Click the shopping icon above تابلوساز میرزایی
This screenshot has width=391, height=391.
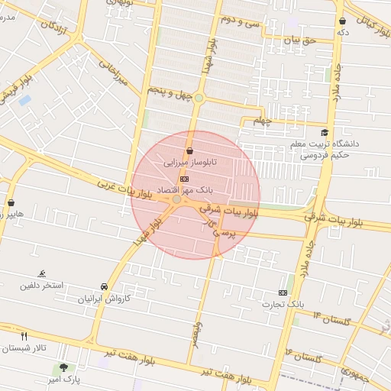(x=189, y=151)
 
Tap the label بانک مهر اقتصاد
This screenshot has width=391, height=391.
(x=184, y=188)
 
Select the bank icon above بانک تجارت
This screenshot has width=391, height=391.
(x=283, y=292)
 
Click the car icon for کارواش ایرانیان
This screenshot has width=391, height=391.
(x=104, y=286)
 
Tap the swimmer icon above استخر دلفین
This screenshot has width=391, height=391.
(x=42, y=274)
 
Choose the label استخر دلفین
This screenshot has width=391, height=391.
(x=42, y=285)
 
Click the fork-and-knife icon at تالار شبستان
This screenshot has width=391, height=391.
(x=24, y=336)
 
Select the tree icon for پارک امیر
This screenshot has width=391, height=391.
(x=64, y=367)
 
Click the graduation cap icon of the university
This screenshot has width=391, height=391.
(x=325, y=133)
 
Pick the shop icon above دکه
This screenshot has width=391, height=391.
(x=341, y=21)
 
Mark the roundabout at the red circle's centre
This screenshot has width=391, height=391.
(x=177, y=199)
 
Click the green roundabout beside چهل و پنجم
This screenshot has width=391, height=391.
(x=199, y=98)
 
